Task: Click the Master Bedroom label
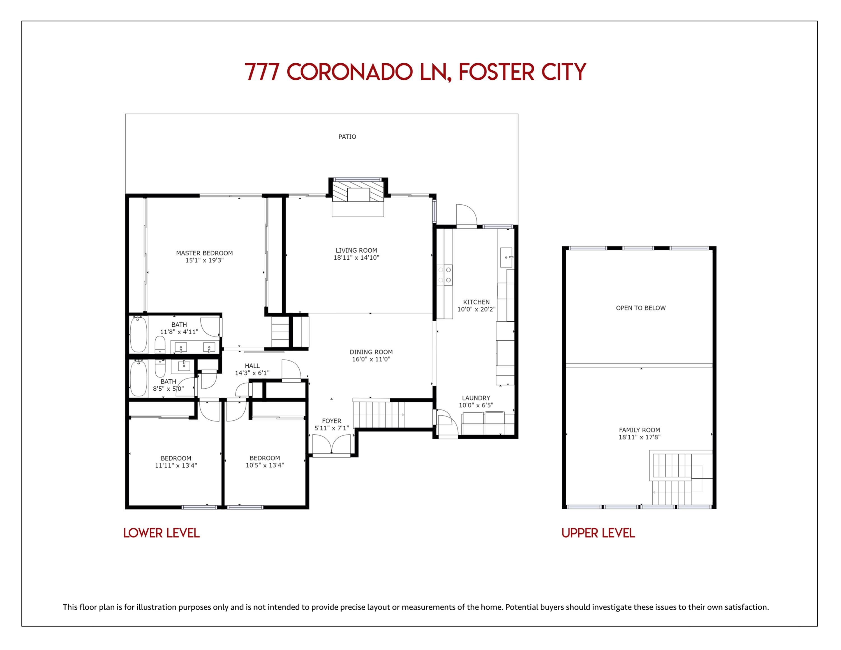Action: point(204,253)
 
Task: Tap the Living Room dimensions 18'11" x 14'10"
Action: point(356,258)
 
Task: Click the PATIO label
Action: point(347,137)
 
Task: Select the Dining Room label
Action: point(371,352)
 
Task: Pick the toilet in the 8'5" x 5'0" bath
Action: point(160,368)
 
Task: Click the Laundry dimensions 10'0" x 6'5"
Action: point(476,405)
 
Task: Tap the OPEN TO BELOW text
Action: point(641,308)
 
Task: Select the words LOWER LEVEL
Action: point(161,533)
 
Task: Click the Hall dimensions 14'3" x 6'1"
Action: point(252,373)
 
